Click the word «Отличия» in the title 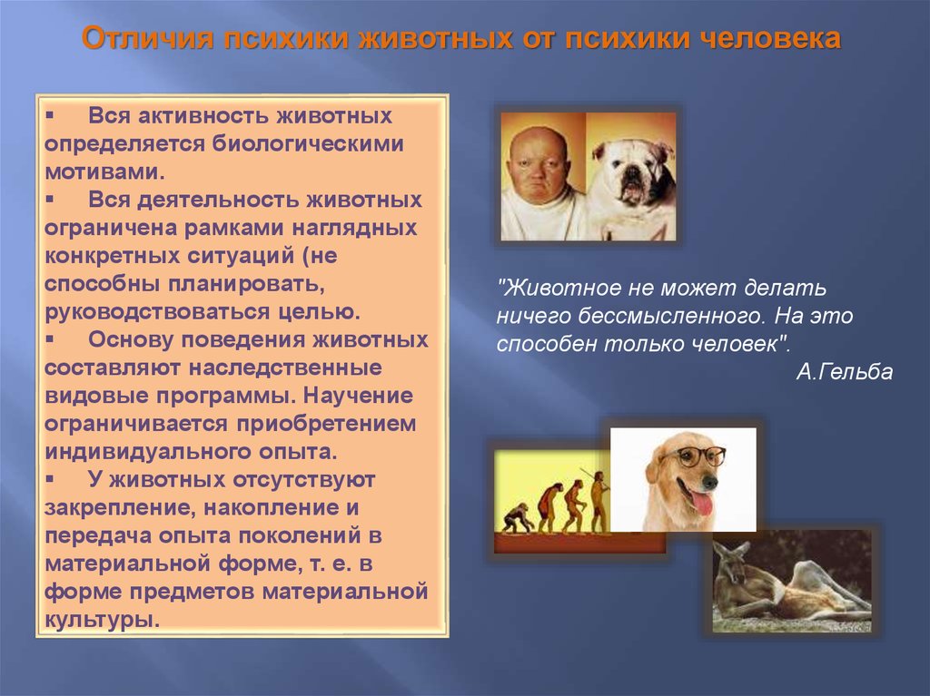click(148, 38)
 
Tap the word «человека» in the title click(770, 38)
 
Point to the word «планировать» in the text click(246, 285)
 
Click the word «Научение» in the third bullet click(358, 396)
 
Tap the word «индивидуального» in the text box click(147, 452)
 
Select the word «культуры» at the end click(102, 620)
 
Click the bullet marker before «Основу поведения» click(50, 339)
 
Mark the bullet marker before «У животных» click(50, 480)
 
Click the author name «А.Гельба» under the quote click(844, 372)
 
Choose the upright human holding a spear click(599, 501)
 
